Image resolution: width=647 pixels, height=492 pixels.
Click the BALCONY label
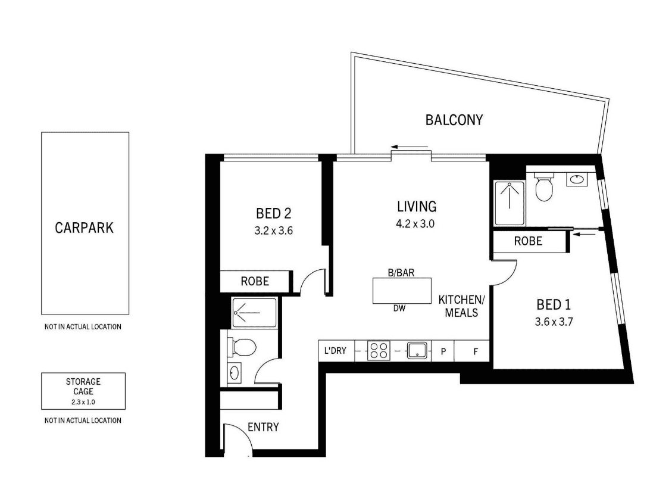(x=454, y=120)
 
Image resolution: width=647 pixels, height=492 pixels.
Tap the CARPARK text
(x=84, y=228)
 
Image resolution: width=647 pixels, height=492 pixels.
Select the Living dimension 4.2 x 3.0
(x=415, y=224)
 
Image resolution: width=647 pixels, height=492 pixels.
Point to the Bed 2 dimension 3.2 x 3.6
(x=274, y=231)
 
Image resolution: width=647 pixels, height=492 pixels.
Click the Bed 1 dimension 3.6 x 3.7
(x=554, y=322)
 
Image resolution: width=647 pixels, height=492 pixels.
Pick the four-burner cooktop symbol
(x=379, y=351)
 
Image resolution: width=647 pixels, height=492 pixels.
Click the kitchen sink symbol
(x=417, y=351)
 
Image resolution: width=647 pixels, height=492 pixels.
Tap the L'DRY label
(x=335, y=351)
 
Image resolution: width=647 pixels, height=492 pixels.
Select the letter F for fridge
(x=476, y=351)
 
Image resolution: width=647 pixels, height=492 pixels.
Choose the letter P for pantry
(x=443, y=351)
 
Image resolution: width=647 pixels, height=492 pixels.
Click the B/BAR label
(x=401, y=272)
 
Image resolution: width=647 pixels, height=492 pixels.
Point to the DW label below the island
(x=399, y=308)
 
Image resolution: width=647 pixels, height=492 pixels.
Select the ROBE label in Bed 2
(x=255, y=282)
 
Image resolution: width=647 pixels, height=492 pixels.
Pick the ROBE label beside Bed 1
(x=528, y=241)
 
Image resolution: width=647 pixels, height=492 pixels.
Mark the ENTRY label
(x=263, y=427)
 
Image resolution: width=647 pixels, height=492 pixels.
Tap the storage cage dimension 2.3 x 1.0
(x=83, y=402)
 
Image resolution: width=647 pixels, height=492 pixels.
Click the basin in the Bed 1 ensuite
(x=577, y=179)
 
